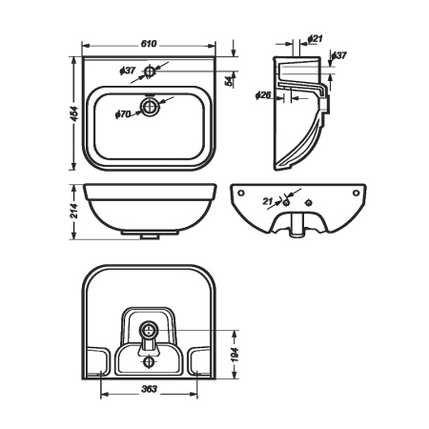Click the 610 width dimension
(148, 45)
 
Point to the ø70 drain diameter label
(123, 113)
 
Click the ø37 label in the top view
(129, 71)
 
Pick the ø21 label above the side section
(316, 38)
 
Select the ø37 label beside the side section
(340, 55)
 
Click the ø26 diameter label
(265, 94)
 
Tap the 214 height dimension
(74, 212)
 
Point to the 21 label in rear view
(268, 201)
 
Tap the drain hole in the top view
(150, 106)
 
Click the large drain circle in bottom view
(147, 331)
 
